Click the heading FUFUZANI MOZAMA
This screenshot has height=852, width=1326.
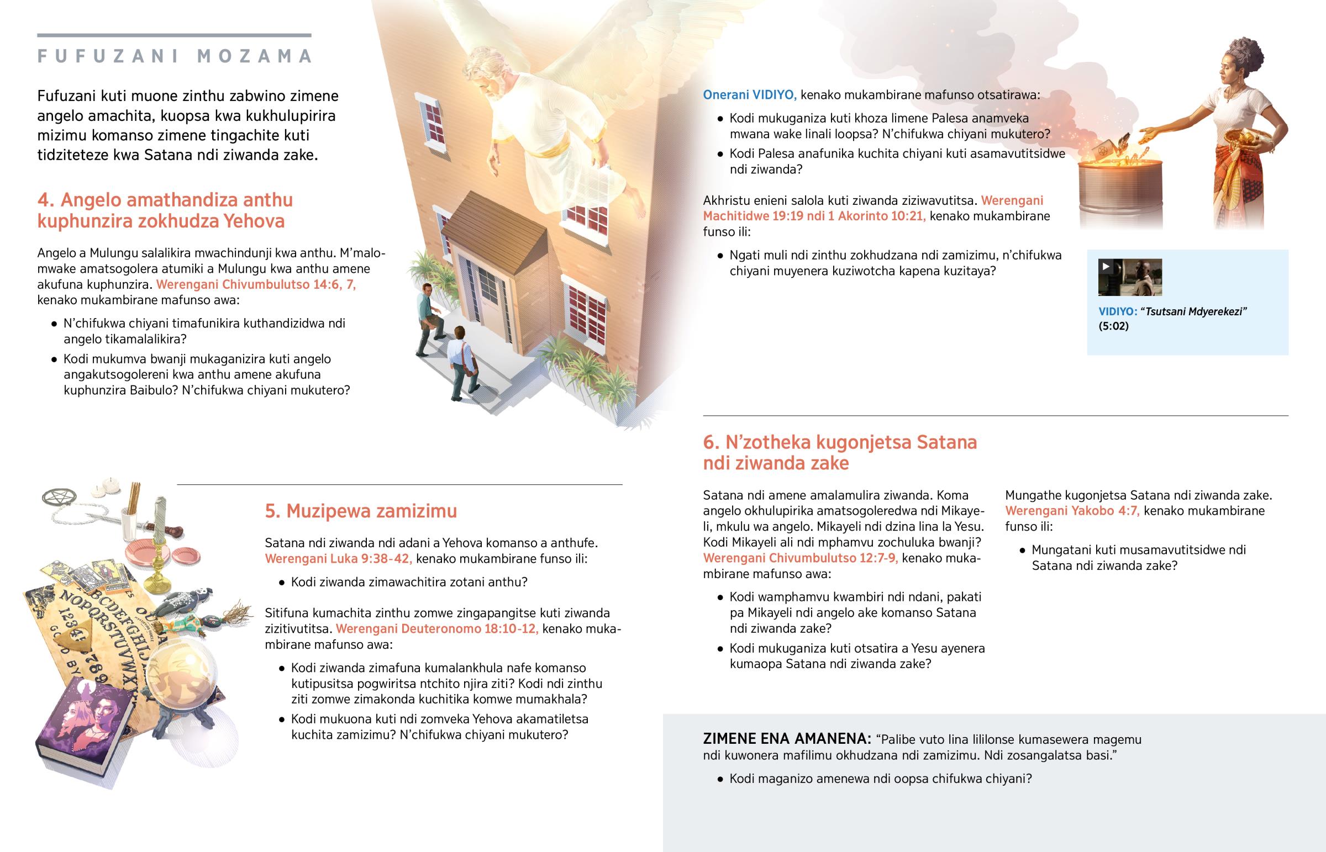[175, 56]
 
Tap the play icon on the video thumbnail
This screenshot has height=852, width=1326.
[1106, 267]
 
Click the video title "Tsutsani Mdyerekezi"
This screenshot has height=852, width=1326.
[1196, 311]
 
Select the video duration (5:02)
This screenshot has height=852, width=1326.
[1113, 326]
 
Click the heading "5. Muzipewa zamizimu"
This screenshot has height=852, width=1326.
[361, 511]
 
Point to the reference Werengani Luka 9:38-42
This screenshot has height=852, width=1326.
[338, 559]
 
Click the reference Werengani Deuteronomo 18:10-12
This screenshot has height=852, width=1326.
[437, 629]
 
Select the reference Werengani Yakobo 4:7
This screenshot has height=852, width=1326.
[1072, 511]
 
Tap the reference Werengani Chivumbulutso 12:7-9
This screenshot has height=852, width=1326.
[799, 558]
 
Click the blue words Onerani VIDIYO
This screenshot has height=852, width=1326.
[749, 94]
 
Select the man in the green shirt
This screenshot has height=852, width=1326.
[427, 318]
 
